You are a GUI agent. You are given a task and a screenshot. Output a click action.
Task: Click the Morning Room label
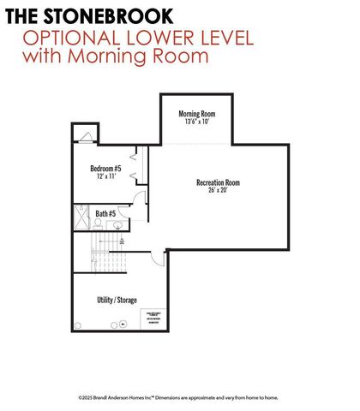[x=196, y=114]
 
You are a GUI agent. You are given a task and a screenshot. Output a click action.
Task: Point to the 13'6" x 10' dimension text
[x=196, y=122]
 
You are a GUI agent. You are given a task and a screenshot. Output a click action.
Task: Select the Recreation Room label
[x=218, y=182]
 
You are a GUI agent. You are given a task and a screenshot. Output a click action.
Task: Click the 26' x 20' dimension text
[x=218, y=191]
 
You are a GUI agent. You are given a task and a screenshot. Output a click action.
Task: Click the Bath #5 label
[x=106, y=213]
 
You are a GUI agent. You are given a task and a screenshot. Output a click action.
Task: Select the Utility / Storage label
[x=116, y=300]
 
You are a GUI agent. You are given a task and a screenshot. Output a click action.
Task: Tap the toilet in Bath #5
[x=98, y=224]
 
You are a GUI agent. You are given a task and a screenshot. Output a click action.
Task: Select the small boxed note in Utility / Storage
[x=153, y=318]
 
